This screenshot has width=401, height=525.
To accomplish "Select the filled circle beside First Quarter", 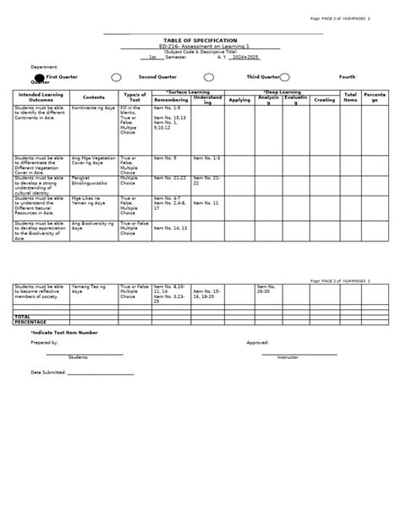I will (x=14, y=77).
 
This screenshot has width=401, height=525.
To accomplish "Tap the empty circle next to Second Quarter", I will (x=117, y=77).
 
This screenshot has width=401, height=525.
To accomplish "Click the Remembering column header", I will (x=171, y=99).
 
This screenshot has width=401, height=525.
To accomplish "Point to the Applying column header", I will (x=239, y=99).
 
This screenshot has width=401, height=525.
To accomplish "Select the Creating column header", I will (x=324, y=99).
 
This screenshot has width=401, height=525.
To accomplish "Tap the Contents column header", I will (x=94, y=97).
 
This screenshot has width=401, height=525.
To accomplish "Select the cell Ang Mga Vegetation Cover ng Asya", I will (x=94, y=160).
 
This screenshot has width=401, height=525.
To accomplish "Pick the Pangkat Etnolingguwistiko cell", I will (x=92, y=180).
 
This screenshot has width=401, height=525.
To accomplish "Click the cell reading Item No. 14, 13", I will (x=173, y=229).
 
